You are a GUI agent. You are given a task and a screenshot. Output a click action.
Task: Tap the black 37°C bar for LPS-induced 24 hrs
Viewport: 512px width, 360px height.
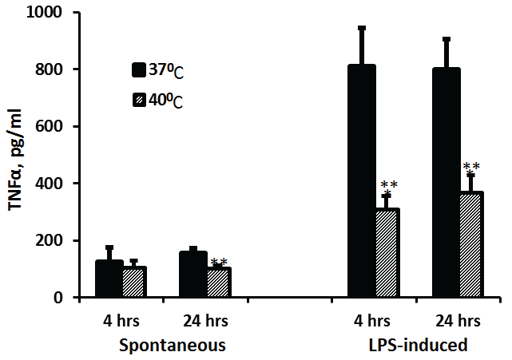pyautogui.click(x=446, y=183)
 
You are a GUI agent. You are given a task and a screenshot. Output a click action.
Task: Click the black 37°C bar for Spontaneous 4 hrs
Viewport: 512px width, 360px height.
pyautogui.click(x=109, y=279)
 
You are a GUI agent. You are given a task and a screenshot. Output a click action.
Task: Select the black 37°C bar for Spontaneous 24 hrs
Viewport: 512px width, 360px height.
pyautogui.click(x=192, y=275)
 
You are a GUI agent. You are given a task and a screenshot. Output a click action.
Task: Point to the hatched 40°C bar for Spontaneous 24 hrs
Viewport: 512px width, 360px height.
pyautogui.click(x=218, y=283)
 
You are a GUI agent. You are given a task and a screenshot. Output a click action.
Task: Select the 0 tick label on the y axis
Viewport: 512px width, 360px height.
pyautogui.click(x=62, y=298)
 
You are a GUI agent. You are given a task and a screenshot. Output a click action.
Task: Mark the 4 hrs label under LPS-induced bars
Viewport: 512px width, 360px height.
pyautogui.click(x=373, y=322)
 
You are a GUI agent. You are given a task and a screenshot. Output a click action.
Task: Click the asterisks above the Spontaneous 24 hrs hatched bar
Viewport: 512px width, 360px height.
pyautogui.click(x=218, y=263)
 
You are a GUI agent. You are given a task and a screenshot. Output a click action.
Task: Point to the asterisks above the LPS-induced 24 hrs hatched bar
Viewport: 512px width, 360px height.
pyautogui.click(x=471, y=167)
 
